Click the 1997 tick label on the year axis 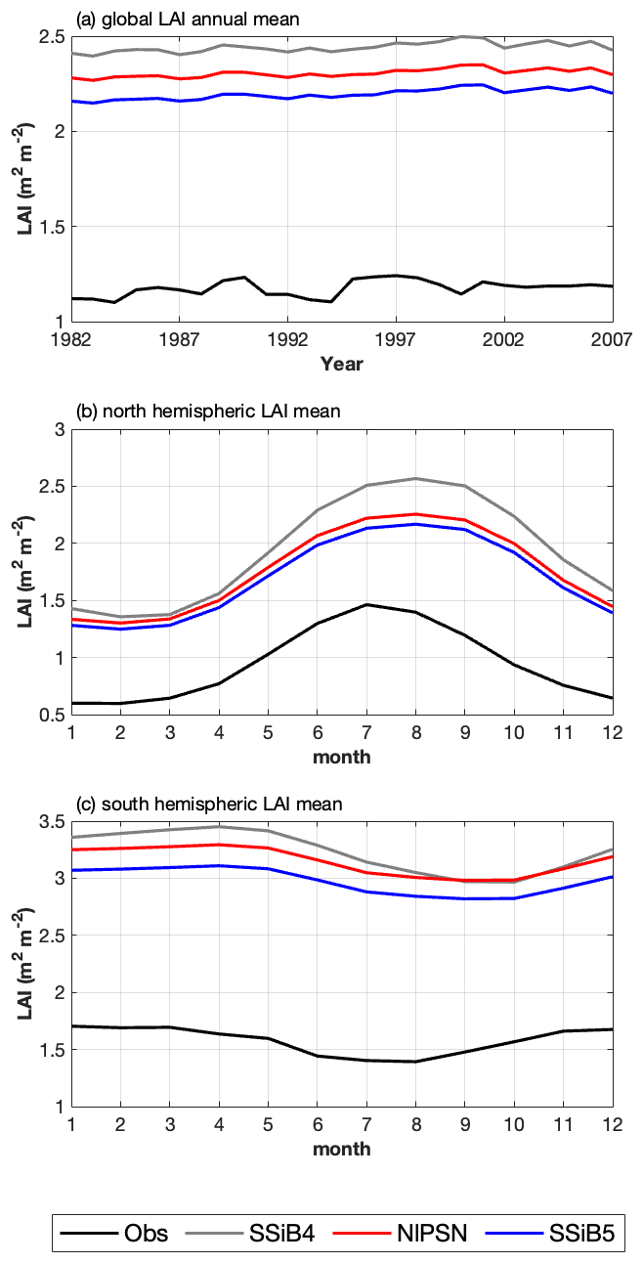click(x=397, y=340)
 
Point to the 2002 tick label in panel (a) click(x=504, y=340)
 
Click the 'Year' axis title click(x=341, y=364)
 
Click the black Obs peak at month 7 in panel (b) click(x=366, y=604)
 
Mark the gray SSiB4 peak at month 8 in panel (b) click(x=415, y=478)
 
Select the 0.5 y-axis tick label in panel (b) click(x=51, y=716)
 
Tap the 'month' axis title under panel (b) click(x=341, y=757)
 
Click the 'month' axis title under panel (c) click(x=341, y=1149)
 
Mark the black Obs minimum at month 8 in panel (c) click(x=415, y=1062)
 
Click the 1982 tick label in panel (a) click(x=70, y=340)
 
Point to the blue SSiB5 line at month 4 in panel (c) click(x=219, y=866)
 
